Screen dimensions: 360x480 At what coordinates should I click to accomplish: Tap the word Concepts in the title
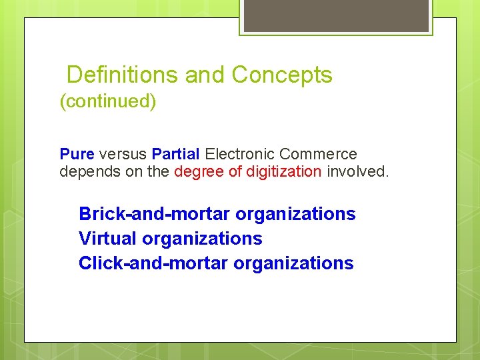click(282, 75)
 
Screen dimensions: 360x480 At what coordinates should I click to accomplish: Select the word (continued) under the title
click(108, 102)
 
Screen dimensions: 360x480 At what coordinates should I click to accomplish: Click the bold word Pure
click(77, 154)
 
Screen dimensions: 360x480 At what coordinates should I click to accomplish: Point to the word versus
click(123, 154)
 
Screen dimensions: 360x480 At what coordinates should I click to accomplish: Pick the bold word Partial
click(175, 154)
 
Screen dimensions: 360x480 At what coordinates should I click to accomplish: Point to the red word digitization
click(284, 171)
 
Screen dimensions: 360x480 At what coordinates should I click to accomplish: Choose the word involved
click(357, 171)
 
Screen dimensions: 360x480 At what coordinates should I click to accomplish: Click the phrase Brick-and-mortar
click(154, 214)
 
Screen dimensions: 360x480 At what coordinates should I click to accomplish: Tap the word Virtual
click(108, 239)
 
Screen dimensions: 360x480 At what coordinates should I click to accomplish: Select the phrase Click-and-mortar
click(153, 263)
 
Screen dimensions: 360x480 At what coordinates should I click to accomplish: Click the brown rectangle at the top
click(336, 15)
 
